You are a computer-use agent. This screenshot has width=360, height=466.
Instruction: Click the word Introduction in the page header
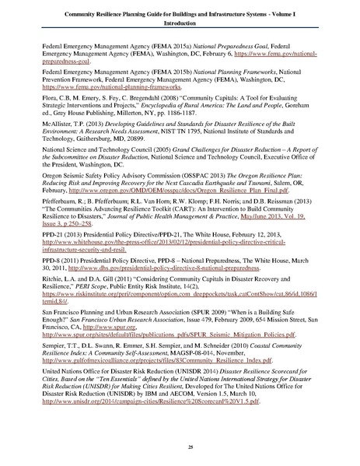(x=180, y=22)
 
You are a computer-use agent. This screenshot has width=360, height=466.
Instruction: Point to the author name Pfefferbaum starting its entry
(x=62, y=212)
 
